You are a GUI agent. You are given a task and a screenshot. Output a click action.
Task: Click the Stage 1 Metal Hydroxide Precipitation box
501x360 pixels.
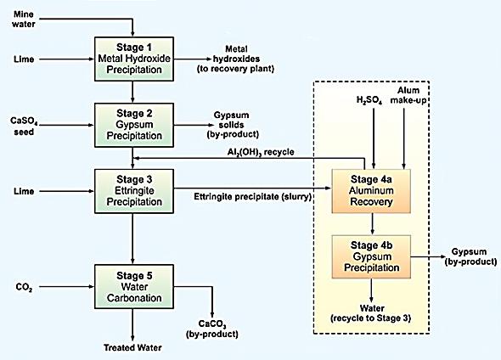point(134,59)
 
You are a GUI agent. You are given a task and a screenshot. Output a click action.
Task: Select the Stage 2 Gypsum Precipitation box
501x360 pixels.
point(134,125)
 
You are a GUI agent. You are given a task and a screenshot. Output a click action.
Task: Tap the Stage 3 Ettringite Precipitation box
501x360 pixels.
point(134,191)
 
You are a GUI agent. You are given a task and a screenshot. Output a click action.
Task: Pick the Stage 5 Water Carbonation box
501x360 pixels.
point(134,286)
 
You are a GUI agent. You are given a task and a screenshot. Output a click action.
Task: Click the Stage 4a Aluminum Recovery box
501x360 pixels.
point(371,191)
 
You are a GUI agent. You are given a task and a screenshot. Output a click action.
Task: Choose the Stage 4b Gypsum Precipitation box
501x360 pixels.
point(371,256)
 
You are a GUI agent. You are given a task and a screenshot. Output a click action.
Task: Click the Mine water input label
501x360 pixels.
point(24,19)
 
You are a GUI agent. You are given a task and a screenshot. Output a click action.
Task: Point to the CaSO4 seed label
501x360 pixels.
point(24,126)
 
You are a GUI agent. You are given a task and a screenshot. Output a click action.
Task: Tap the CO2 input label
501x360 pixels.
point(24,287)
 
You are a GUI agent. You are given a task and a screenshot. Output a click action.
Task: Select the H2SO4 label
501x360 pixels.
point(369,100)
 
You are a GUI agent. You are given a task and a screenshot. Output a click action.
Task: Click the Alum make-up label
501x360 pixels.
point(408,95)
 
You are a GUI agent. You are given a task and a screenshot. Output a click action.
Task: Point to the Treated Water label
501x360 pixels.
point(132,347)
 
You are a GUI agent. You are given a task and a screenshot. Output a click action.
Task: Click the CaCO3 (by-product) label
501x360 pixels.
point(212,329)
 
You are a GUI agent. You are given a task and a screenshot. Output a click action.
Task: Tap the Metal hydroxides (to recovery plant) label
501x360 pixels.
point(236,59)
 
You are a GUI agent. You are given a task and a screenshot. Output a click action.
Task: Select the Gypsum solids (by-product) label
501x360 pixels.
point(233,125)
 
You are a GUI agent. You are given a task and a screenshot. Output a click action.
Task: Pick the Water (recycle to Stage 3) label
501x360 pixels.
point(371,313)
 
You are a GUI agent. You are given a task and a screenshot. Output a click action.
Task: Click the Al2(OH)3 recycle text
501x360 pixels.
point(261,152)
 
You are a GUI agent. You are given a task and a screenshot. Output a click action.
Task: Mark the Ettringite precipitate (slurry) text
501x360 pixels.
point(252,196)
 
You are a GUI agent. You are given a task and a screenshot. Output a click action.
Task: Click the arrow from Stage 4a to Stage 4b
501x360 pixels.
point(372,224)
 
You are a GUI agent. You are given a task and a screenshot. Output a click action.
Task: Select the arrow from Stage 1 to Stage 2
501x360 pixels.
point(132,92)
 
